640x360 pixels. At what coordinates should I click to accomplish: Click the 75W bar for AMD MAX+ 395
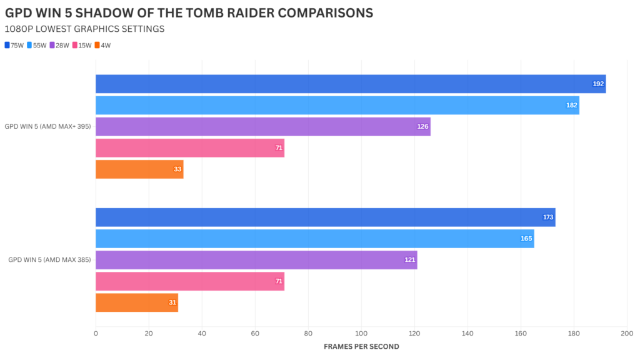pos(350,84)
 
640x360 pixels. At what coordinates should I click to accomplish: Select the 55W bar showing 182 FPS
pos(337,105)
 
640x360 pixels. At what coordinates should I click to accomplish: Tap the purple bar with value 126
pos(262,127)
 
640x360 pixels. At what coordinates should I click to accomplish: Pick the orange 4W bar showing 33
pos(139,169)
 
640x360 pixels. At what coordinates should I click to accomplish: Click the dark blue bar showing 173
pos(325,217)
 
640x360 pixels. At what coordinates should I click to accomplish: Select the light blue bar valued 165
pos(314,239)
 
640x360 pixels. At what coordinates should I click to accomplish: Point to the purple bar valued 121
pos(256,260)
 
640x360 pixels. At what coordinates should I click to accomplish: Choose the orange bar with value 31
pos(137,302)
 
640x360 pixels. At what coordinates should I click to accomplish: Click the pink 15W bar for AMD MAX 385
pos(189,281)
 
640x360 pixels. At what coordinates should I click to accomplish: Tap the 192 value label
pos(598,84)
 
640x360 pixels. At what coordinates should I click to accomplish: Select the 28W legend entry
pos(59,45)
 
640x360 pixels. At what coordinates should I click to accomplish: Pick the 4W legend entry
pos(102,45)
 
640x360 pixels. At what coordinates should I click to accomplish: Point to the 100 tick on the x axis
pos(361,334)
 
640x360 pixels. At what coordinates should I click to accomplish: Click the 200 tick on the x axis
pos(626,334)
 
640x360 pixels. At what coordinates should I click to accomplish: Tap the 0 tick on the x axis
pos(96,334)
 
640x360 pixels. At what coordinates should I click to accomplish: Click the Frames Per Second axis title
pos(361,346)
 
